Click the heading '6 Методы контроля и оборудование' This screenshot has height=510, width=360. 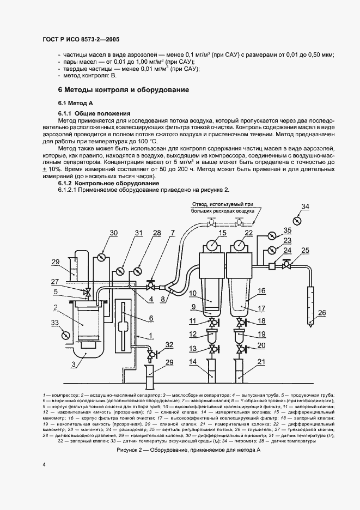123,89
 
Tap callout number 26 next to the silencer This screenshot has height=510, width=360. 322,312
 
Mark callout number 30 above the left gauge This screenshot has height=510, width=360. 113,233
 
